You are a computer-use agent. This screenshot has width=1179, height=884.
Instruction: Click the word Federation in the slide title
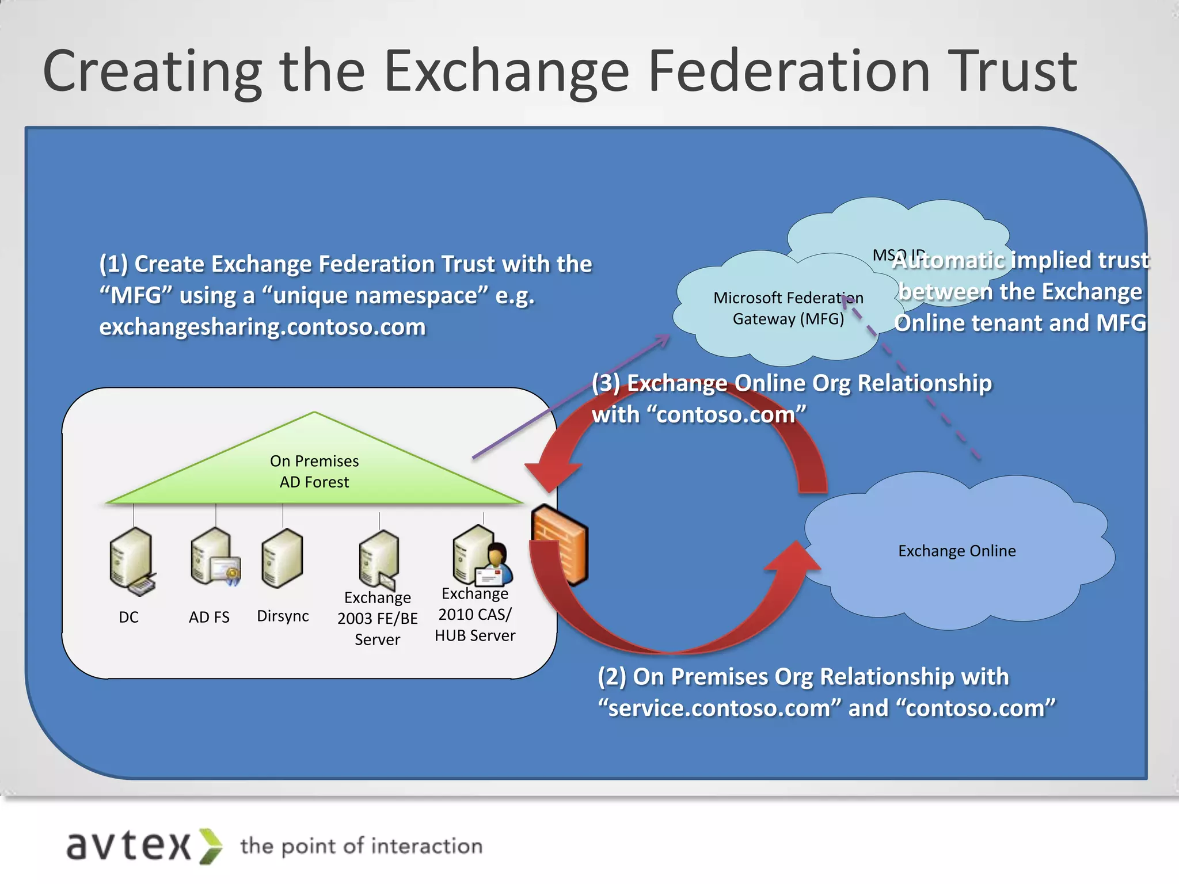pyautogui.click(x=789, y=71)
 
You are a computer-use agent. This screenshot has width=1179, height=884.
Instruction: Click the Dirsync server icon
pyautogui.click(x=282, y=557)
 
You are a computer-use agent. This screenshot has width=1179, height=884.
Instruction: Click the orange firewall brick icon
pyautogui.click(x=560, y=543)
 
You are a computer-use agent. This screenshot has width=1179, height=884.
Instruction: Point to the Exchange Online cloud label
pyautogui.click(x=957, y=551)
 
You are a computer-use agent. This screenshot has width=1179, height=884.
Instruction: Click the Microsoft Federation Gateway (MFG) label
pyautogui.click(x=788, y=308)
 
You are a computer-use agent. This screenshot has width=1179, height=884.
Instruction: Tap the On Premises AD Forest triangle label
pyautogui.click(x=314, y=471)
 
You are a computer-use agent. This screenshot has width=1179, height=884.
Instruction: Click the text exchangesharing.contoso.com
pyautogui.click(x=263, y=327)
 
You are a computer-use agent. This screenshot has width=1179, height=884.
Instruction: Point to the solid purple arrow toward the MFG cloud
pyautogui.click(x=570, y=397)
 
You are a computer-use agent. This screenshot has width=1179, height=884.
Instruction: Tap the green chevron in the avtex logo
pyautogui.click(x=211, y=846)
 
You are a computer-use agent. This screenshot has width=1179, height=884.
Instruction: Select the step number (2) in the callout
pyautogui.click(x=612, y=677)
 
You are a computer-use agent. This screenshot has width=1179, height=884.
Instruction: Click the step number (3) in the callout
pyautogui.click(x=606, y=383)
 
